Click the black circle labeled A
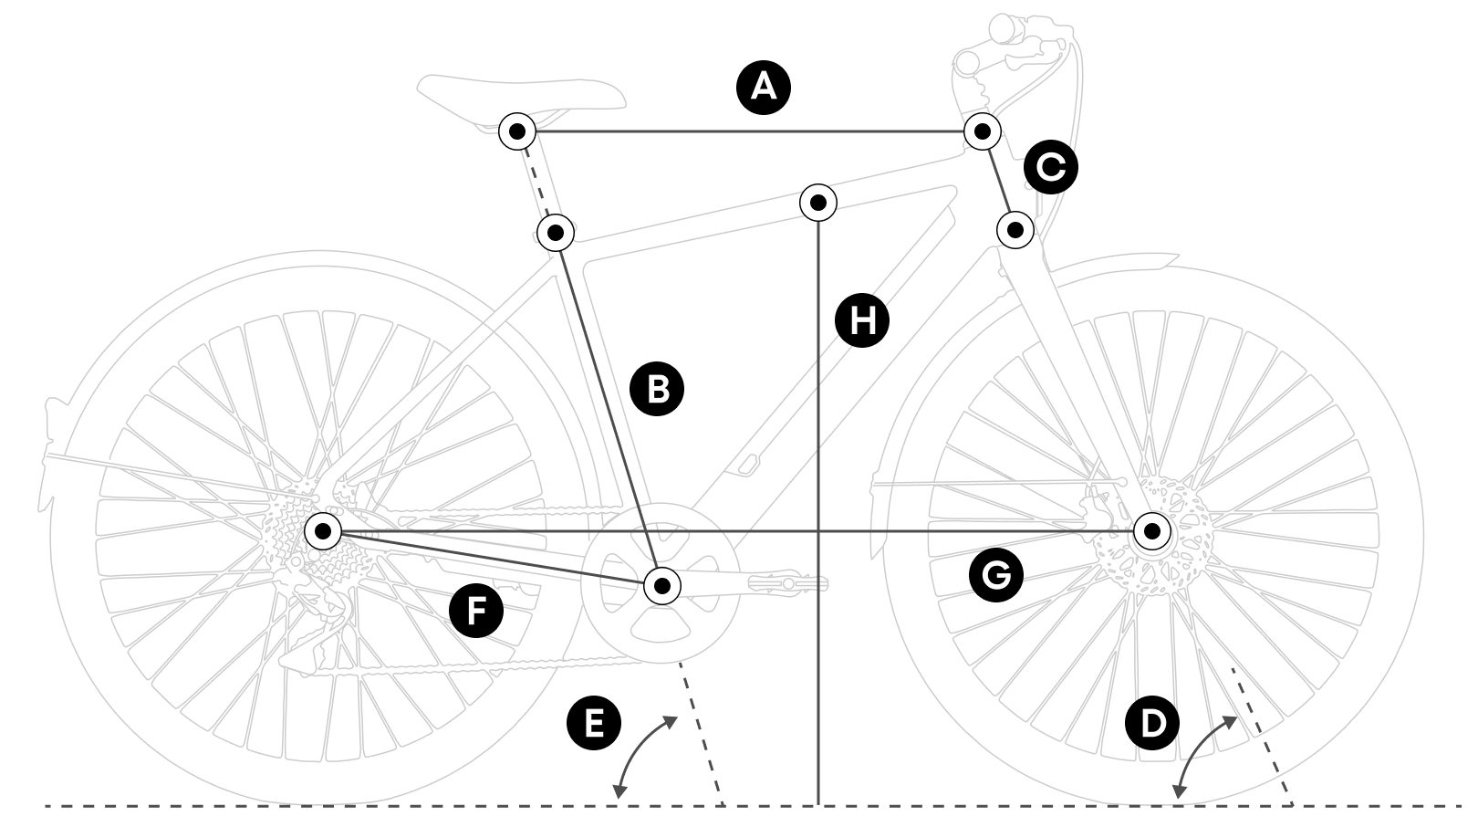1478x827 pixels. pos(763,88)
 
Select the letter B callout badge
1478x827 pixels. pos(657,390)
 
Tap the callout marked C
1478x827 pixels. pos(1051,168)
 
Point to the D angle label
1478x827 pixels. pos(1153,724)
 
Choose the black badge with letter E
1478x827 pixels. pos(593,724)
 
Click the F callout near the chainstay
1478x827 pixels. pos(476,610)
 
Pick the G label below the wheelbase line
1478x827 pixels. pos(996,575)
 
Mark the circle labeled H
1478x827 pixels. pos(862,320)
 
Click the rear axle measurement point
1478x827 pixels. pos(322,531)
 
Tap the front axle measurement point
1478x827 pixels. pos(1152,531)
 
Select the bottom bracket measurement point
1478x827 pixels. pos(662,585)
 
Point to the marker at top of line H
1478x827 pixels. pos(818,203)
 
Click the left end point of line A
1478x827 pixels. pos(517,131)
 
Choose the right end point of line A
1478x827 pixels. pos(983,131)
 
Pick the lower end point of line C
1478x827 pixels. pos(1015,230)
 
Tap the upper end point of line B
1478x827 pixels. pos(556,232)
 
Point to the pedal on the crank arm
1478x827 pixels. pos(785,581)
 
